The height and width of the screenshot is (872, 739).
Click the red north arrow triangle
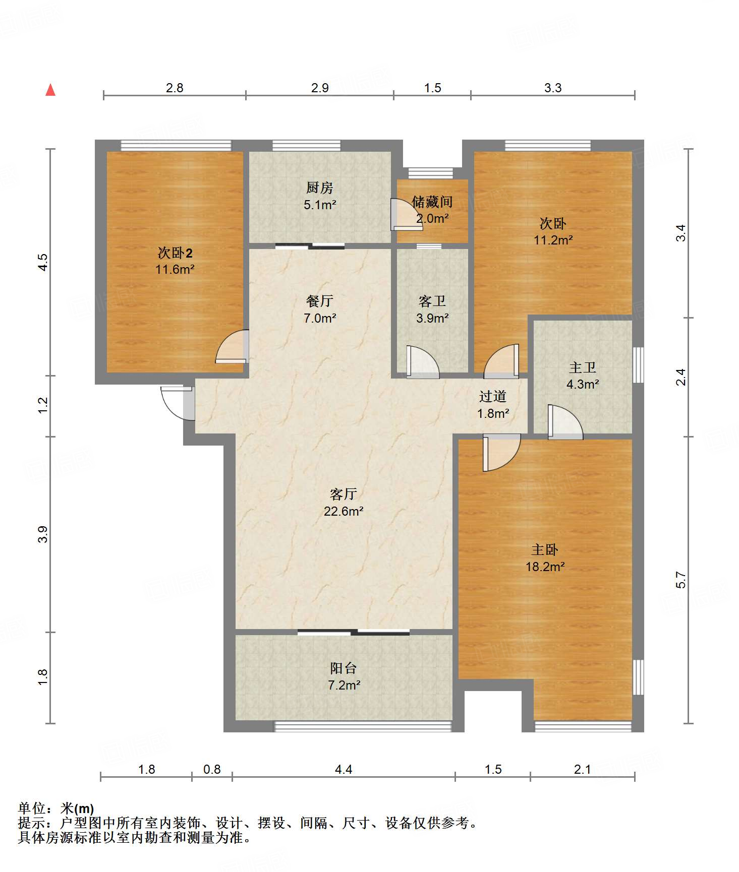point(50,90)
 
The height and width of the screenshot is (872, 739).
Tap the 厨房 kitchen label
point(320,188)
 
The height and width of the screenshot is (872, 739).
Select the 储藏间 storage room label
point(432,202)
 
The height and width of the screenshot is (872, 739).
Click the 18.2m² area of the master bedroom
point(545,567)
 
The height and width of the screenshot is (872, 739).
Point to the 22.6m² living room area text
point(344,511)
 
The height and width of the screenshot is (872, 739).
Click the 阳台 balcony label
point(344,668)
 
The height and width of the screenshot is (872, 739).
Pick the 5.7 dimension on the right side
point(681,580)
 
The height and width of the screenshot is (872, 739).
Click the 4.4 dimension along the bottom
point(344,769)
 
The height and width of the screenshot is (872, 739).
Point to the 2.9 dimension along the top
point(320,88)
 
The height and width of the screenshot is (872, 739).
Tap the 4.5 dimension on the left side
point(43,262)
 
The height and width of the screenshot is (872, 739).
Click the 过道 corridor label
point(493,397)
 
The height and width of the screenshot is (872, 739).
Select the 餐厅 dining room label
point(320,301)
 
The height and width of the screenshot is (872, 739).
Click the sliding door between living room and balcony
point(353,632)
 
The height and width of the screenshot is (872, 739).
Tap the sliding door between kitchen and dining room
point(310,246)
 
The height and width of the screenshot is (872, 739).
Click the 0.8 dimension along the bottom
point(212,769)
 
